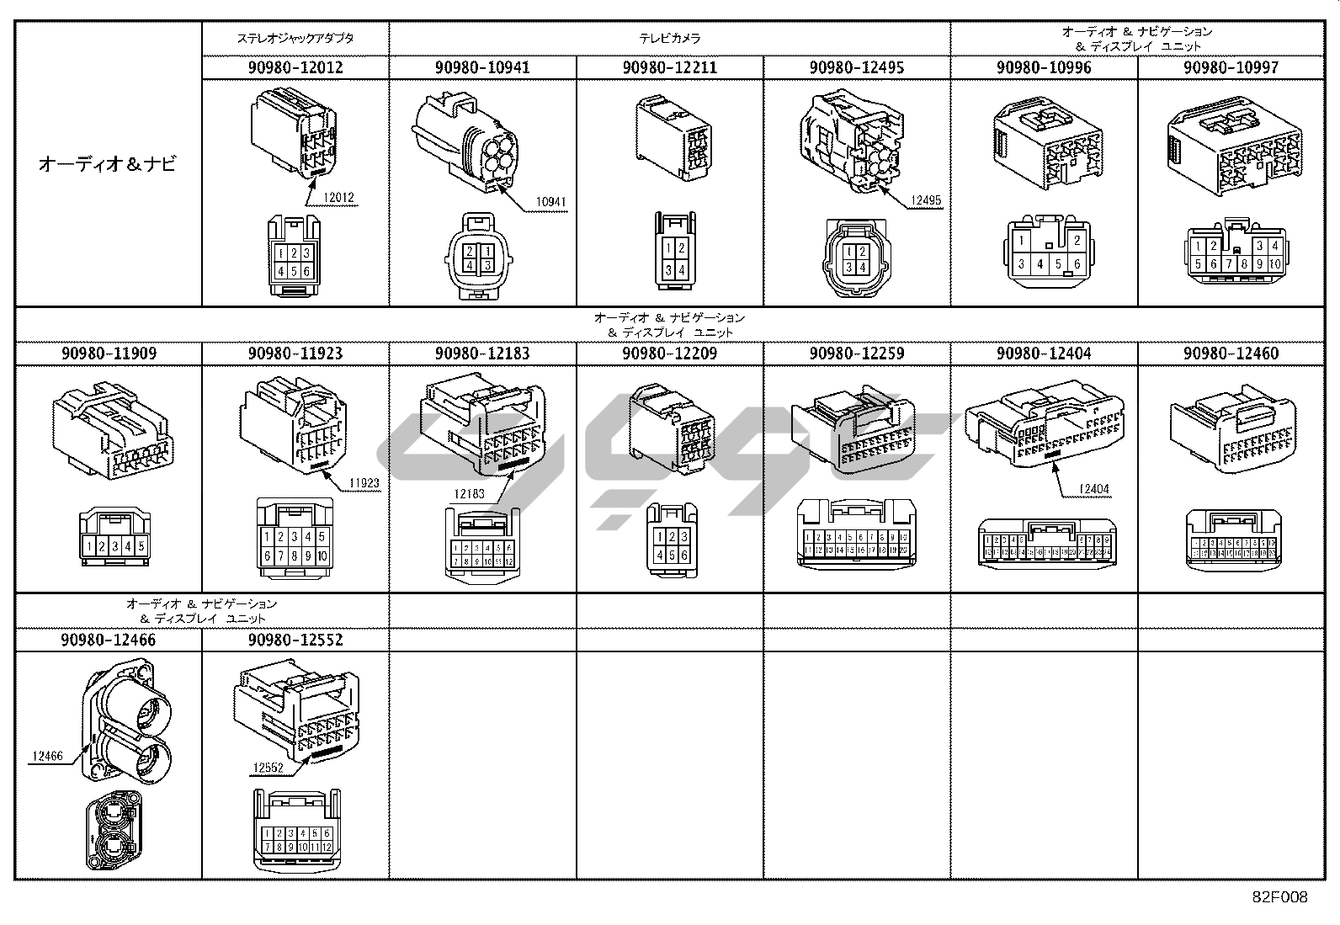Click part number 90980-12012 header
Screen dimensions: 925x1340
[x=295, y=67]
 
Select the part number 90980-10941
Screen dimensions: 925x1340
[x=482, y=67]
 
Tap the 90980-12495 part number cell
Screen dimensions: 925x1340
[x=856, y=67]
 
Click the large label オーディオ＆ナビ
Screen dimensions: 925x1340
[x=108, y=164]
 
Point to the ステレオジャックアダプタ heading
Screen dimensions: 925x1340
[x=295, y=39]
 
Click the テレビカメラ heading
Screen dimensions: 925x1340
[x=669, y=39]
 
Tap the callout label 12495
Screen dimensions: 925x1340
[x=925, y=201]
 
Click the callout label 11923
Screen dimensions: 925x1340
[x=364, y=484]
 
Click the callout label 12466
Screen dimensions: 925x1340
[x=47, y=757]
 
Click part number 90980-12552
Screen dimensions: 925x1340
[x=295, y=640]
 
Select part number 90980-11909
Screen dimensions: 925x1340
[x=109, y=354]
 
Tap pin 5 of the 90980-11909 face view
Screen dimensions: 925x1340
[x=141, y=547]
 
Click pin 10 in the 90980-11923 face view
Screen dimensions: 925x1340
[x=322, y=556]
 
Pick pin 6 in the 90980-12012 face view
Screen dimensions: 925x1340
[x=306, y=271]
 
